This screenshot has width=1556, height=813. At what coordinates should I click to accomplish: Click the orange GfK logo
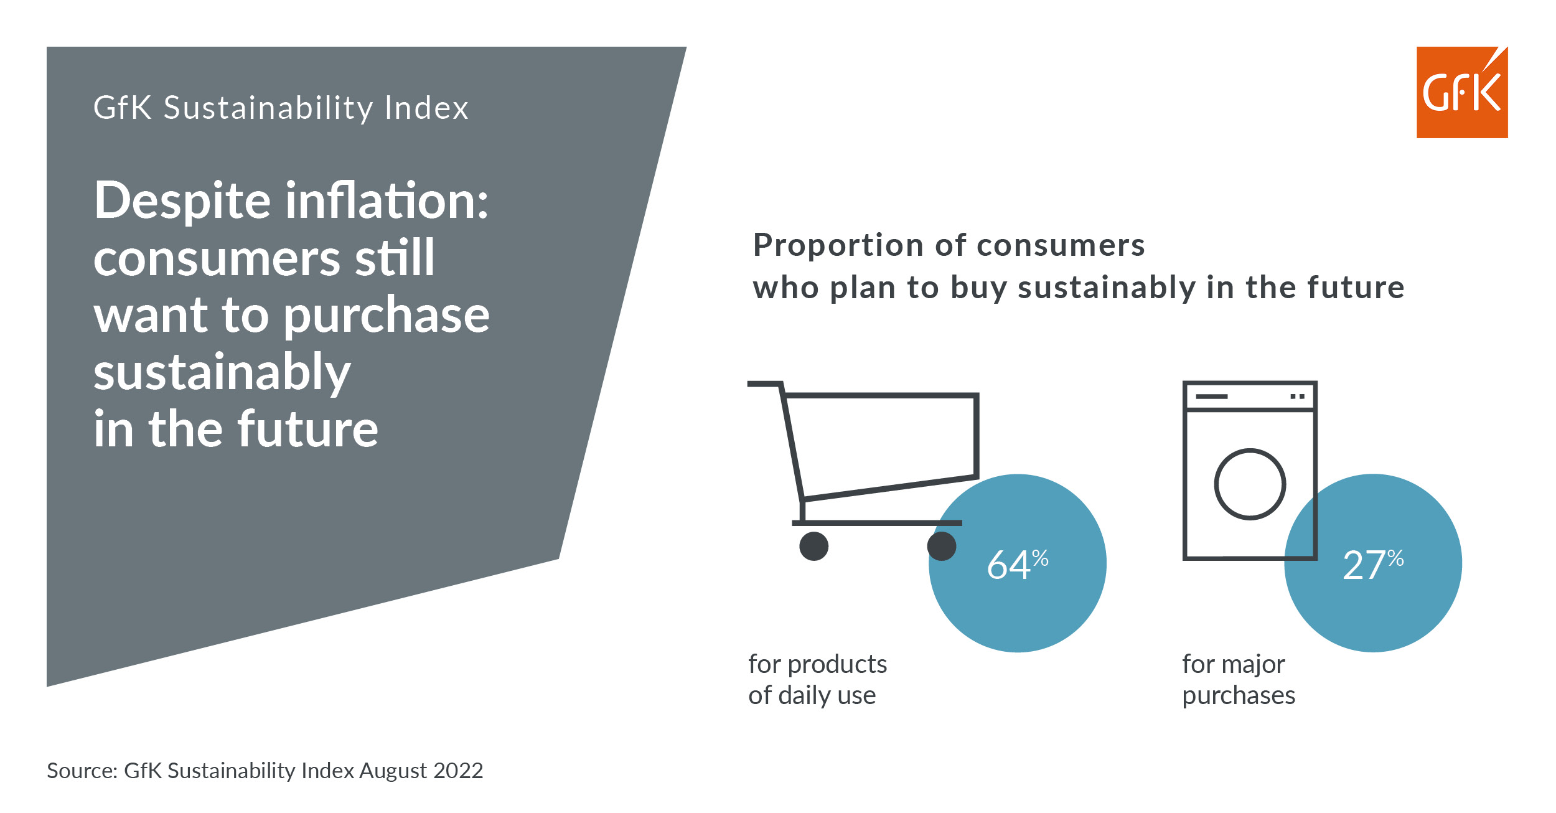pyautogui.click(x=1462, y=92)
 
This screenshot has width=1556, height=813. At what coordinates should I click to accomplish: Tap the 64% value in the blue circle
pyautogui.click(x=1018, y=565)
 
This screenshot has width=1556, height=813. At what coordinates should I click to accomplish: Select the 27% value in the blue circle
pyautogui.click(x=1374, y=565)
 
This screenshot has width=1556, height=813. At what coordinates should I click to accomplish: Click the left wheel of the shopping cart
pyautogui.click(x=814, y=546)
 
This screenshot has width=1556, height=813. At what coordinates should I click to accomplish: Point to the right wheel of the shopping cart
pyautogui.click(x=942, y=546)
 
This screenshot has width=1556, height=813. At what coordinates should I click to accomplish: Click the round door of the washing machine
pyautogui.click(x=1250, y=484)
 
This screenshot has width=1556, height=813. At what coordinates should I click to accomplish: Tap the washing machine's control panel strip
pyautogui.click(x=1250, y=396)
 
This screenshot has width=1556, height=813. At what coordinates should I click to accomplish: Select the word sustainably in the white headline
pyautogui.click(x=222, y=372)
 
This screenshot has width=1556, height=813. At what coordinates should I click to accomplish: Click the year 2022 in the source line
pyautogui.click(x=458, y=771)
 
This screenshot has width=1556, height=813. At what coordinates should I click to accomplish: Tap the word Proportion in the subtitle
pyautogui.click(x=839, y=245)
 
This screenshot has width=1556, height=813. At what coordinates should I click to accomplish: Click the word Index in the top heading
pyautogui.click(x=426, y=108)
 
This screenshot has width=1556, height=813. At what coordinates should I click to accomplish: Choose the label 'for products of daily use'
pyautogui.click(x=818, y=680)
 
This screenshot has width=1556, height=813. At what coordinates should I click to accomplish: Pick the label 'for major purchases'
pyautogui.click(x=1239, y=680)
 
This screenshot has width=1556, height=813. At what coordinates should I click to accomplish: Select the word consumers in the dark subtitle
pyautogui.click(x=1061, y=245)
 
